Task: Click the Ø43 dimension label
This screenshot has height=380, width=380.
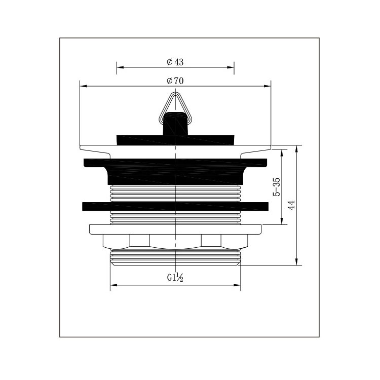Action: [175, 62]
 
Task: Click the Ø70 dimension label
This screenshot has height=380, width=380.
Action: [175, 81]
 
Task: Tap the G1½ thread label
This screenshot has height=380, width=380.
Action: [175, 277]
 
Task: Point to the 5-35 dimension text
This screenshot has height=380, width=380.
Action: [277, 187]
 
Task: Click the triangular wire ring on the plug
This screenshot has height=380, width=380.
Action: [175, 106]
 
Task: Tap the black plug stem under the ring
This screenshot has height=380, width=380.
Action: [175, 124]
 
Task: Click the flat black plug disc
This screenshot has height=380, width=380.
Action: [175, 140]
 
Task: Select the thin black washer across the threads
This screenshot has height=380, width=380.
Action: [175, 206]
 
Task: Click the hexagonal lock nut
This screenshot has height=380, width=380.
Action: [175, 242]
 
